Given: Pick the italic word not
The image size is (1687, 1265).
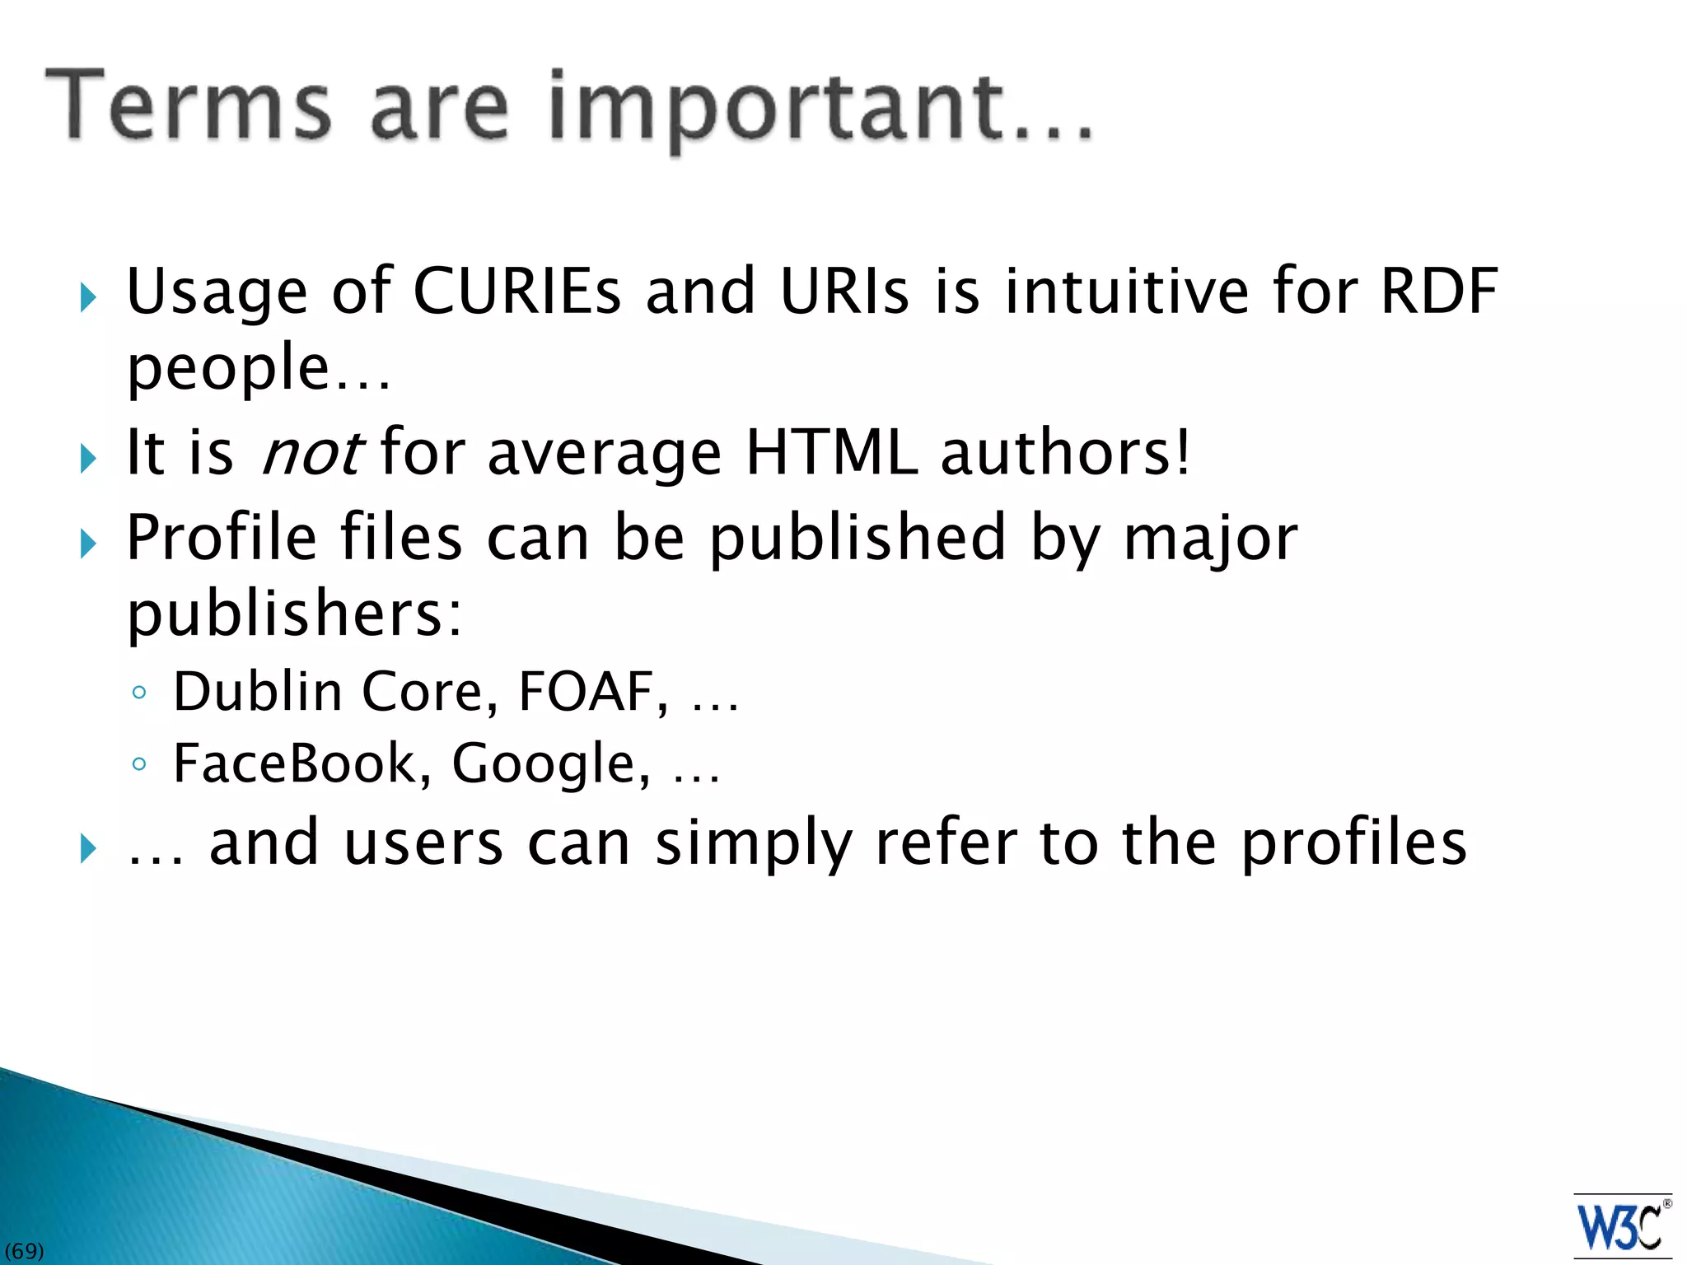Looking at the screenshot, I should click(311, 453).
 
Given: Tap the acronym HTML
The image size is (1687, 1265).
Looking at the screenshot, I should click(831, 452).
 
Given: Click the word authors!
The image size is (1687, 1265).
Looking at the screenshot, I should click(1066, 452).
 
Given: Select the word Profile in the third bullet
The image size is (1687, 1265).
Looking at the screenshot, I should click(221, 537).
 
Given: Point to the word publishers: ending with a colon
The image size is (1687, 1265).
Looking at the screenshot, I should click(295, 614).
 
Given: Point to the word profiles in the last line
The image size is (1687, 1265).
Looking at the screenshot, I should click(1353, 843).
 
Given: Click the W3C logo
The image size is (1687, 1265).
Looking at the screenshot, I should click(1621, 1226).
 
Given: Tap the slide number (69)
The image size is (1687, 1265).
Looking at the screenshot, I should click(24, 1251).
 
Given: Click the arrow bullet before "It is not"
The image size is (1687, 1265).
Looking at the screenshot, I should click(89, 458).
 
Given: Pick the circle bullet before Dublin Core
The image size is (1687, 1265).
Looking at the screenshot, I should click(139, 693).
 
